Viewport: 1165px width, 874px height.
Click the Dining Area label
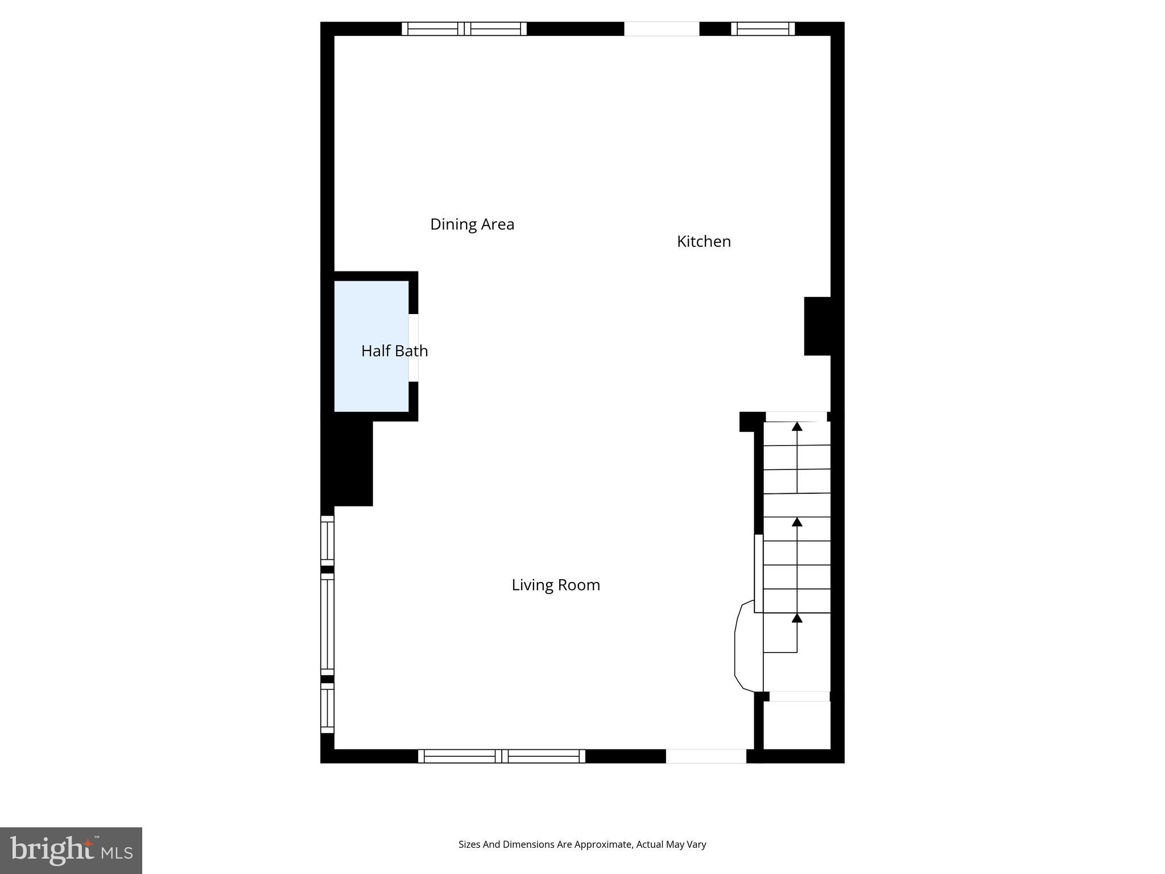tap(472, 224)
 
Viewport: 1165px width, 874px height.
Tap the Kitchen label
tap(704, 241)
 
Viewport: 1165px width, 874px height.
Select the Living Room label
tap(556, 585)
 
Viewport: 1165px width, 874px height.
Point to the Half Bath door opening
tap(414, 348)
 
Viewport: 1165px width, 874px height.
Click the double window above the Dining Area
tap(464, 28)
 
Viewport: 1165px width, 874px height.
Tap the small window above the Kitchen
tap(762, 28)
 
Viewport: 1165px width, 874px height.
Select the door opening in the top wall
tap(662, 28)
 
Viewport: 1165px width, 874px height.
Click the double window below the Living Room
tap(501, 756)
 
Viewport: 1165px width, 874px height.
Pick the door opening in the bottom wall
tap(706, 756)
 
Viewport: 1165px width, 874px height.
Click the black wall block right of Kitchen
tap(817, 326)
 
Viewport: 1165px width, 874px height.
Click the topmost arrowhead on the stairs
tap(797, 426)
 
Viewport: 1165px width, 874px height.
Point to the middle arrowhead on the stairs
tap(797, 522)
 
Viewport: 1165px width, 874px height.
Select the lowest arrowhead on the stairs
tap(797, 618)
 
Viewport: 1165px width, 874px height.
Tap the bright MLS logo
tap(71, 851)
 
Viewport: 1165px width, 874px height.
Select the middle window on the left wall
tap(327, 624)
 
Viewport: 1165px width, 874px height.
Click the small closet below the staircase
tap(796, 725)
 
